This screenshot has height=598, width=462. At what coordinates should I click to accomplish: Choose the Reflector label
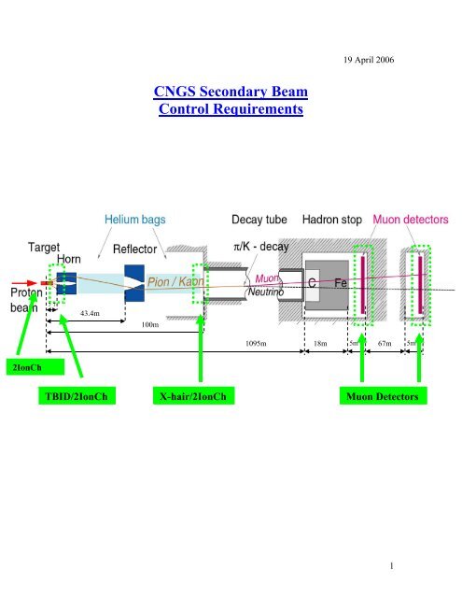point(137,250)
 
